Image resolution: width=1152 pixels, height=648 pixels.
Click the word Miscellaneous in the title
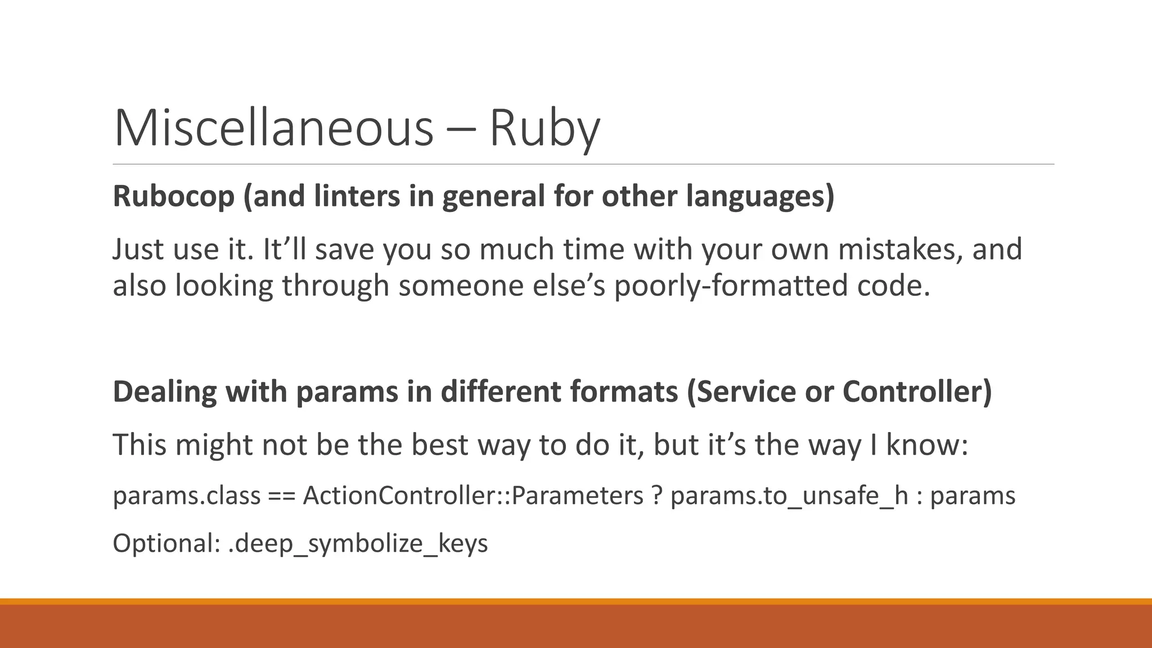click(x=273, y=128)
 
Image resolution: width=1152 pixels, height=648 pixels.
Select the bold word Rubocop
click(x=173, y=197)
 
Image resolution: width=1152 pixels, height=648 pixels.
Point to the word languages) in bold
click(x=760, y=197)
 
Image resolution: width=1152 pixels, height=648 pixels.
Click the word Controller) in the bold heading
click(x=917, y=392)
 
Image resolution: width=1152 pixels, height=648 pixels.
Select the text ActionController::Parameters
click(x=472, y=496)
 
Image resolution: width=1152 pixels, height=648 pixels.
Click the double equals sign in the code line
click(x=281, y=496)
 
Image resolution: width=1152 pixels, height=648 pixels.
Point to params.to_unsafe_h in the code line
click(x=789, y=496)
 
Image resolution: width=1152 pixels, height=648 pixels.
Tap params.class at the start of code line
click(x=186, y=496)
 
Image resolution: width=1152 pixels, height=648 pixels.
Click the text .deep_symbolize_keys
click(x=358, y=543)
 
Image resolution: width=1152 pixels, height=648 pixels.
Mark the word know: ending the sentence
click(x=927, y=444)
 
